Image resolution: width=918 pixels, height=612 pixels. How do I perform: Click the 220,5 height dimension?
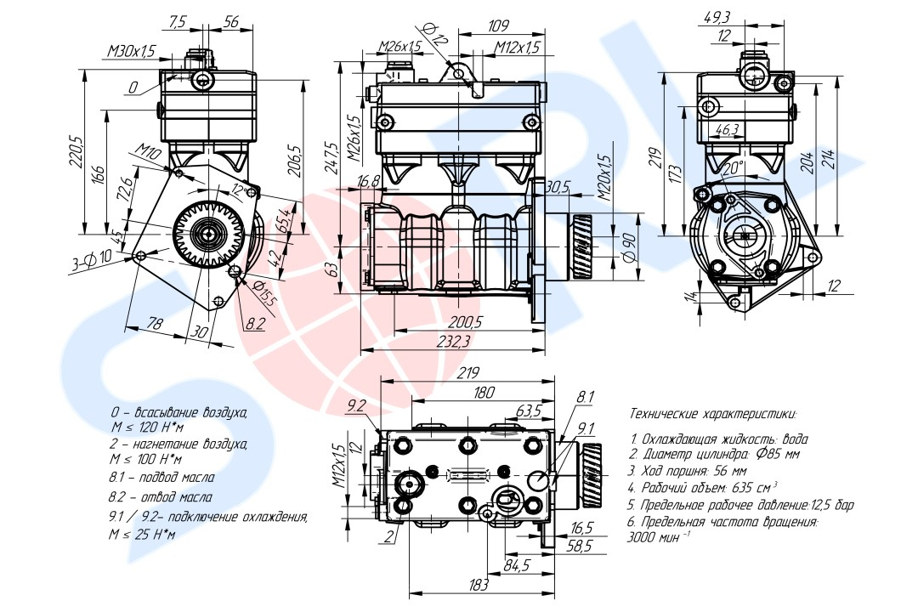click(75, 151)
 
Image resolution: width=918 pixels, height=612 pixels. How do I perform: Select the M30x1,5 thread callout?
click(131, 52)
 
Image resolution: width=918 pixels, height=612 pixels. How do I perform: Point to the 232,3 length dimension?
click(455, 342)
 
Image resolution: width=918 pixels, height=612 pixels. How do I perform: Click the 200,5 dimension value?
click(465, 322)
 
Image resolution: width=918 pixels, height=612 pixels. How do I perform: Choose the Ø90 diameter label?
click(630, 247)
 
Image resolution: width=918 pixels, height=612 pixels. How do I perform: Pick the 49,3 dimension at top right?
click(717, 17)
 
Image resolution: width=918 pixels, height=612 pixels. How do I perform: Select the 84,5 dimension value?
click(517, 564)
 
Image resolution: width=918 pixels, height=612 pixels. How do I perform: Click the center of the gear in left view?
click(208, 232)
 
